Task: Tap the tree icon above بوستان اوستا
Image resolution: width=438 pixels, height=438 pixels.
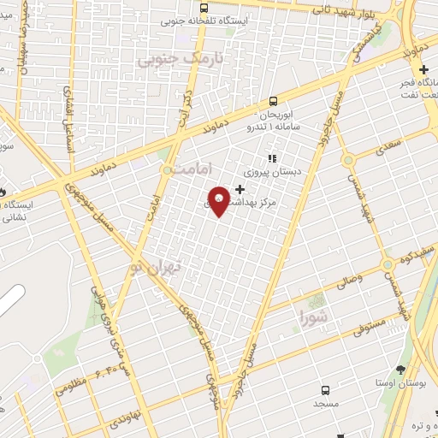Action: (400, 370)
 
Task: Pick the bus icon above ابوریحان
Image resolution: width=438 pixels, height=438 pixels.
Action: (273, 101)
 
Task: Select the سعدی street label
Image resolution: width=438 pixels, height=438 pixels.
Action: (386, 148)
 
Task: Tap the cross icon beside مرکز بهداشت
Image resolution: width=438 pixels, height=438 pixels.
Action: (240, 189)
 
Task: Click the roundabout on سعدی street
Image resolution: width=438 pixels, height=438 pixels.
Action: (347, 160)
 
